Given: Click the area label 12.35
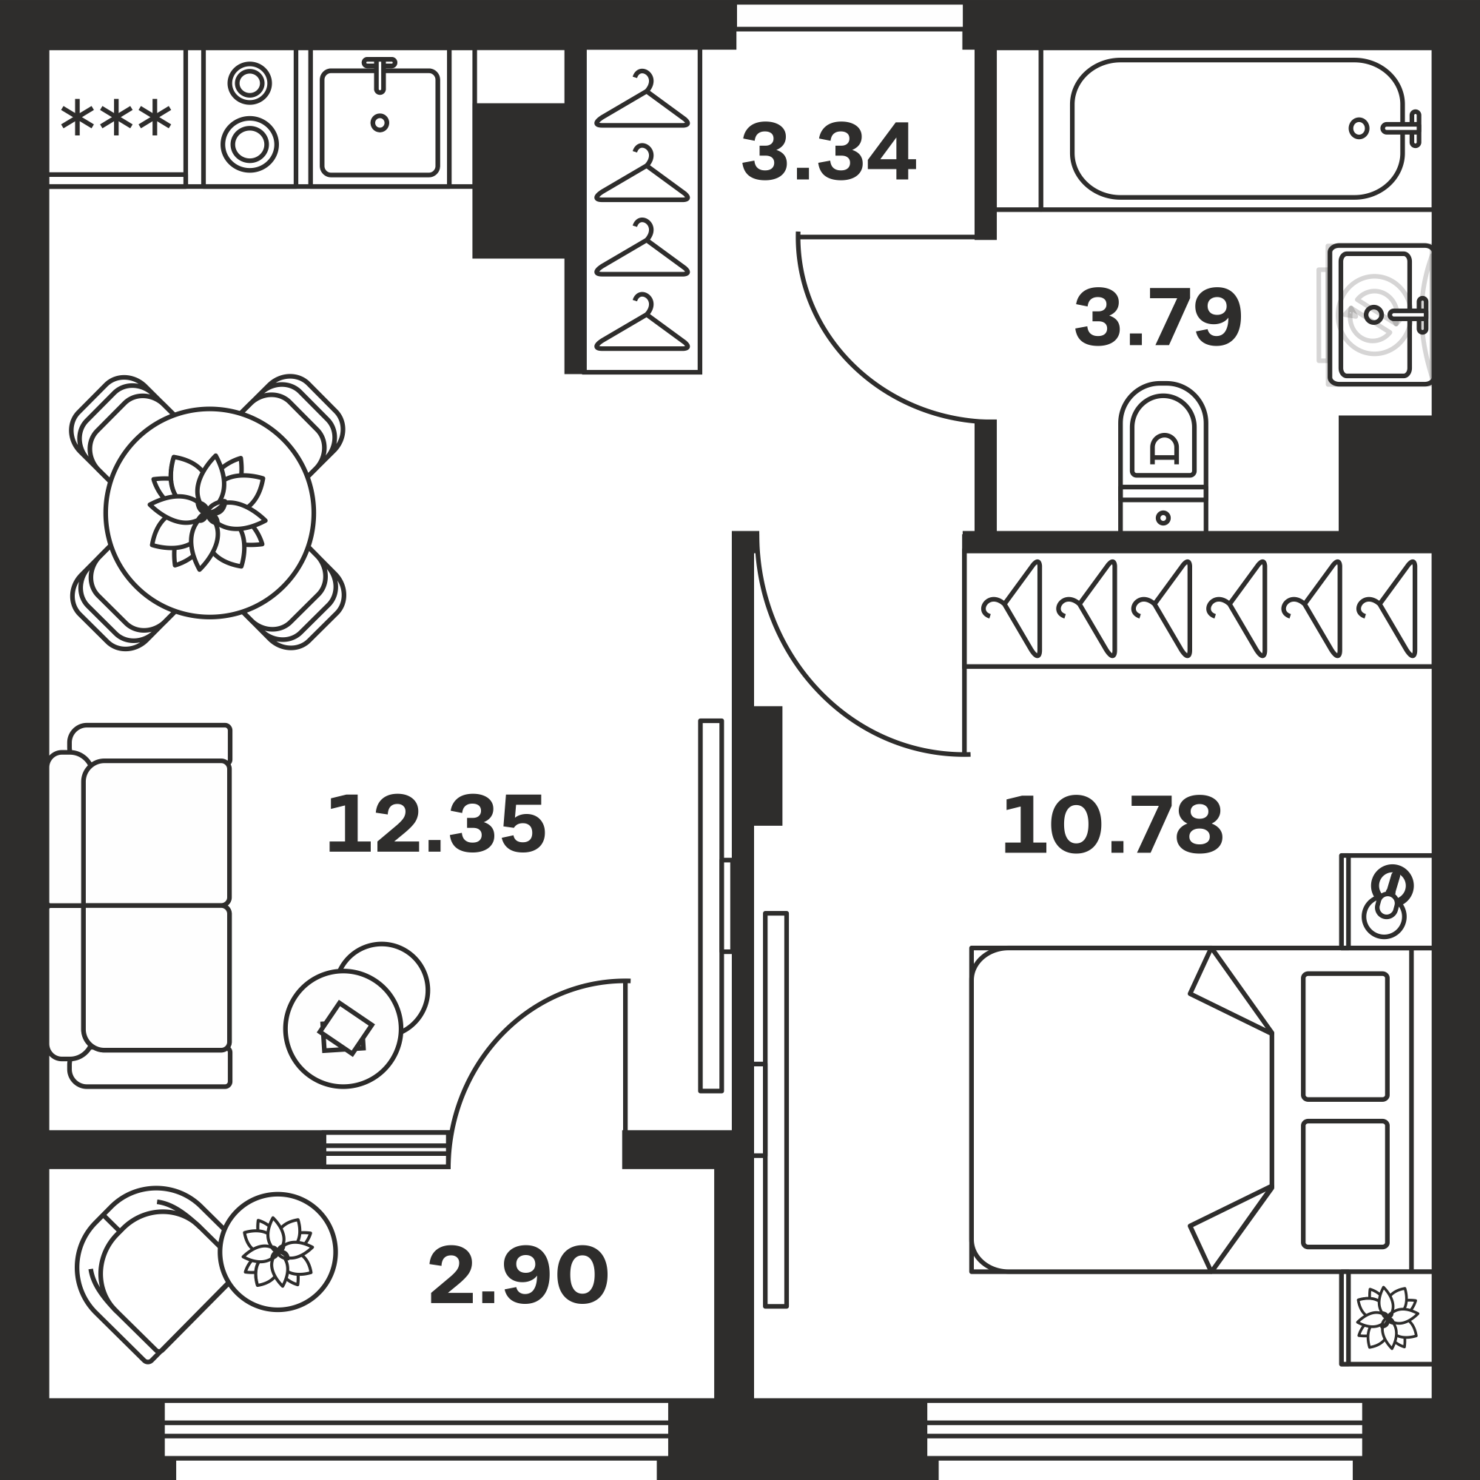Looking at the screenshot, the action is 436,824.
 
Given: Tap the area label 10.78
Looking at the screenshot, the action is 1112,824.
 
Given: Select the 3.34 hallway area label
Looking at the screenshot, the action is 828,152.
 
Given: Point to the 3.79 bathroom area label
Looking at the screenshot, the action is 1157,317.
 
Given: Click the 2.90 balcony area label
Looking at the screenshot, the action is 518,1276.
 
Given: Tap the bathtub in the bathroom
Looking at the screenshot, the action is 1237,129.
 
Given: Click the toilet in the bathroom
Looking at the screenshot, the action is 1163,457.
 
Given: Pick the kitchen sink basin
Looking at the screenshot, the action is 379,123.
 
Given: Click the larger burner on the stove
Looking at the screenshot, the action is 249,144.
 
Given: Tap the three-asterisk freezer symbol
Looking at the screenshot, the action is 115,118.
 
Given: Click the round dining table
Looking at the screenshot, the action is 210,513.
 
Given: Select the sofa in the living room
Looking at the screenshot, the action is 140,906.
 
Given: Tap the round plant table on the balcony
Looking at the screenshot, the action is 277,1253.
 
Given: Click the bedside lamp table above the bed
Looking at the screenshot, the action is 1387,901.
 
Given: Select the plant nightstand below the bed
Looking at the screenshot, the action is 1387,1319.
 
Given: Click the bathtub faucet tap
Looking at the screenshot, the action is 1402,129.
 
